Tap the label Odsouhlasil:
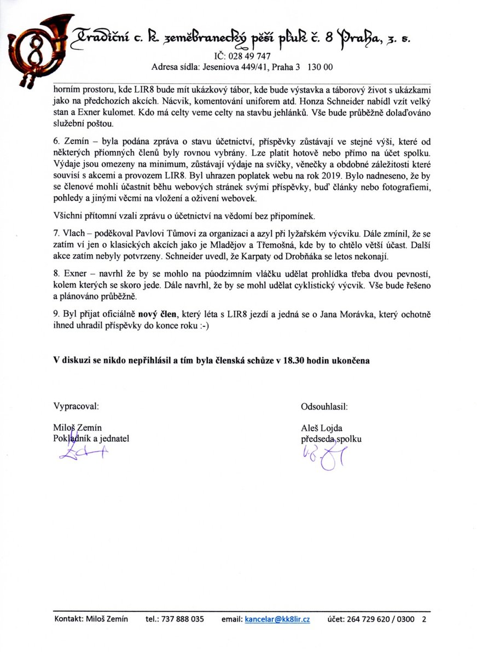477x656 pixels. pos(324,406)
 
